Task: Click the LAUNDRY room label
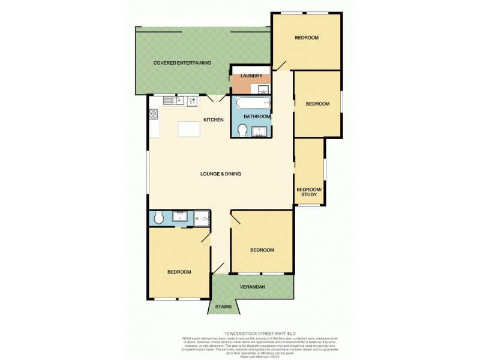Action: pos(251,76)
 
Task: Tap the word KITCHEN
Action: pos(214,120)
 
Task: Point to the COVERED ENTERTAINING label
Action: pos(182,62)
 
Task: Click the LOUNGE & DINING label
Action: pos(221,174)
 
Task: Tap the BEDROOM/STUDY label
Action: pos(309,192)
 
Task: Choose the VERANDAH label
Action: pos(253,287)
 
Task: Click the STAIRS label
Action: pos(223,307)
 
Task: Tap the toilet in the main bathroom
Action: pos(242,130)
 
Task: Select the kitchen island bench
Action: pos(189,128)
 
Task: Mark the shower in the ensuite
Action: pos(202,219)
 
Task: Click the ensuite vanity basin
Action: pos(180,217)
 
